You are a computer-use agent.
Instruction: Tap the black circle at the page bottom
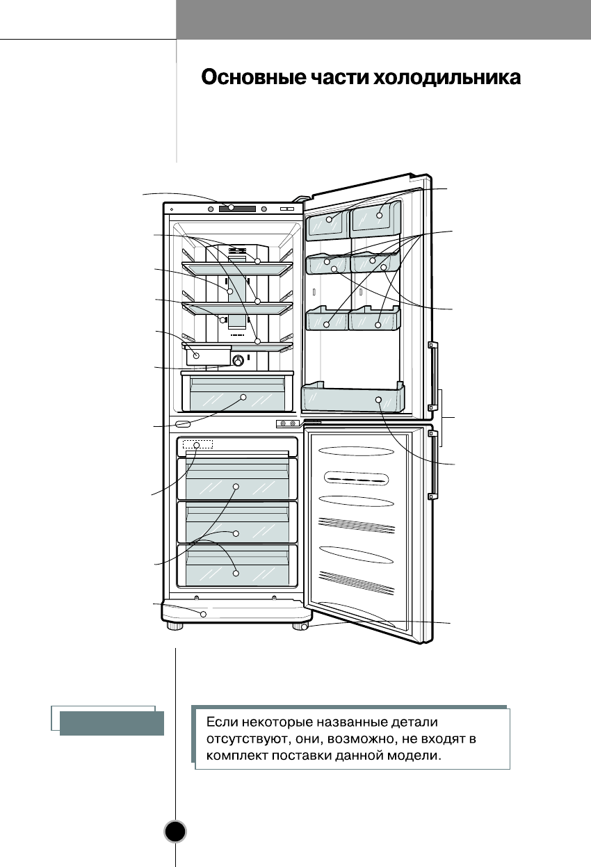(176, 831)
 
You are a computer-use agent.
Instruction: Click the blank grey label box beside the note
(111, 723)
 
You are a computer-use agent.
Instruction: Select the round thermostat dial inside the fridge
(238, 360)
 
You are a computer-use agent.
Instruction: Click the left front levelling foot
(174, 626)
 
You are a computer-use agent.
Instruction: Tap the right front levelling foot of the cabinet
(300, 626)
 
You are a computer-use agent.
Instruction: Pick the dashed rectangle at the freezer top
(197, 445)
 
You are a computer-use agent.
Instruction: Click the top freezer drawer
(236, 480)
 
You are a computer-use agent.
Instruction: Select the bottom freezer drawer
(236, 567)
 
